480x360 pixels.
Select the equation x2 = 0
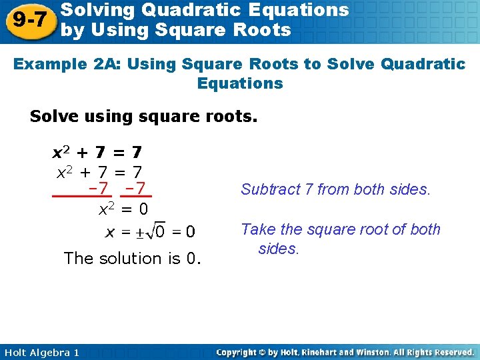coord(123,209)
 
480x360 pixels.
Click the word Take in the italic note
coord(256,229)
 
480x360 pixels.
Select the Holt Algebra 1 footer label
coord(41,352)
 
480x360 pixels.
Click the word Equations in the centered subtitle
coord(240,83)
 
